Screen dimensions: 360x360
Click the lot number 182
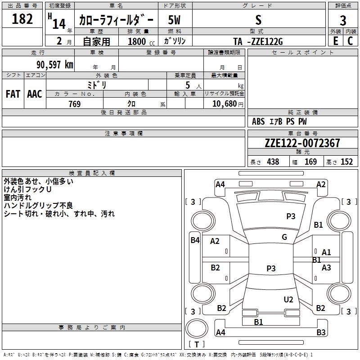[x=22, y=19]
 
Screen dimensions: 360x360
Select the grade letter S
[x=258, y=20]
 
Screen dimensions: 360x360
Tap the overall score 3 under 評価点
[x=343, y=21]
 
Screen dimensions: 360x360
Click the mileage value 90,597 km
[x=55, y=65]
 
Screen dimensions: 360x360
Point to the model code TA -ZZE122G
[x=258, y=41]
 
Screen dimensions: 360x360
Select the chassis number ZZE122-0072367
[x=302, y=143]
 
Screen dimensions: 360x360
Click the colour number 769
[x=75, y=104]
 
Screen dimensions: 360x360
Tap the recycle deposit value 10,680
[x=225, y=104]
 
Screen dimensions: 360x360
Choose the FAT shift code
[x=13, y=94]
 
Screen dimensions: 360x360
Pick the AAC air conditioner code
[x=35, y=94]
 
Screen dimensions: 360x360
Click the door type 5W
[x=174, y=20]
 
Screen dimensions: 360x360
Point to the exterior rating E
[x=336, y=41]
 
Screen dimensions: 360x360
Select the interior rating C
[x=350, y=41]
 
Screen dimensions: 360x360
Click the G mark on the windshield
[x=284, y=237]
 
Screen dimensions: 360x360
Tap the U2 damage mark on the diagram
[x=288, y=300]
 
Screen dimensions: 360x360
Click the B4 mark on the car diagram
[x=195, y=240]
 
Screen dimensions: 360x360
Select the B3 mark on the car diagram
[x=321, y=332]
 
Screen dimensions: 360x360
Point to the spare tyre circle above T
[x=197, y=328]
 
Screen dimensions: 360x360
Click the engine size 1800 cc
[x=141, y=42]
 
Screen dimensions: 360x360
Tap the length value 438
[x=273, y=162]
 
